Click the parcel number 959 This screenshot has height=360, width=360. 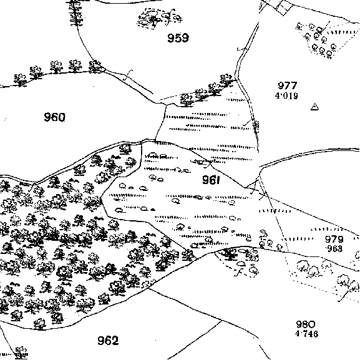click(178, 38)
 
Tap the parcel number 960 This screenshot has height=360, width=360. click(55, 117)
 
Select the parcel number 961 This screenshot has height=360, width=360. click(211, 180)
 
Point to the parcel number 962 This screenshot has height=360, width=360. click(108, 341)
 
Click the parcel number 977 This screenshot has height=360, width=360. click(288, 85)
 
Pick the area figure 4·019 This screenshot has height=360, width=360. click(286, 95)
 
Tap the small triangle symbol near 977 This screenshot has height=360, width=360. click(314, 107)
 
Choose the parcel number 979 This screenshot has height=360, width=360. click(334, 239)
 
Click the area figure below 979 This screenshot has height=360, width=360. click(334, 248)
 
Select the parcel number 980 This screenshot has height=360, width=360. click(306, 324)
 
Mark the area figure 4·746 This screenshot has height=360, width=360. click(307, 333)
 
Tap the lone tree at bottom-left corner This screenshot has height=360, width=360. click(21, 353)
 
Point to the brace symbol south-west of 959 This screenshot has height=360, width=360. click(128, 75)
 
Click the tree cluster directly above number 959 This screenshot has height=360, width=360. click(159, 18)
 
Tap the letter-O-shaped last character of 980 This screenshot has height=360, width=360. click(312, 324)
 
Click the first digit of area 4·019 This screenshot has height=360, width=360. click(278, 95)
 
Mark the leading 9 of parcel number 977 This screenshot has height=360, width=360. click(281, 85)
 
